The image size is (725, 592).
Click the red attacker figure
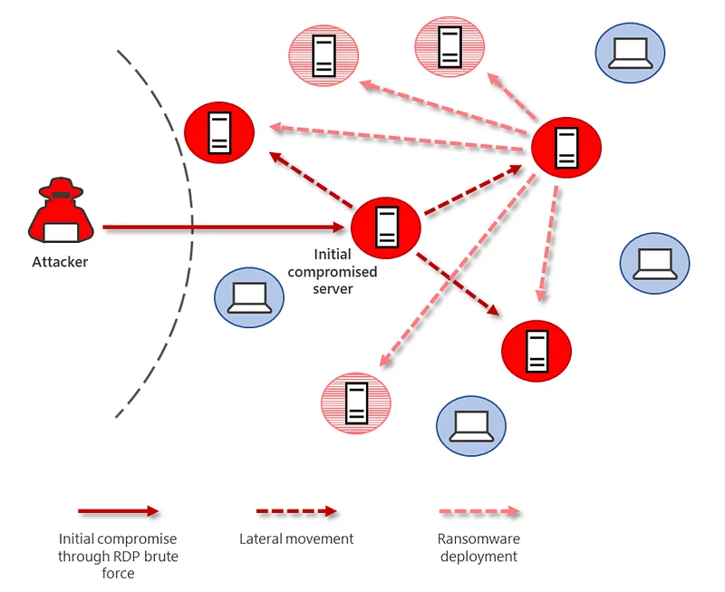pos(61,210)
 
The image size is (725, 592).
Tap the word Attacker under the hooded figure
pos(60,262)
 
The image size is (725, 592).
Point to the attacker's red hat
pos(61,188)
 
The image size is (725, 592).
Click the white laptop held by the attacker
pos(61,232)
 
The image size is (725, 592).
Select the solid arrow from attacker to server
pos(223,227)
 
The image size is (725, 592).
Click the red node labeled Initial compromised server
pos(386,228)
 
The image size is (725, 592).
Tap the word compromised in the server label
pos(333,272)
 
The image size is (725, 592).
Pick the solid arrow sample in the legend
pos(119,511)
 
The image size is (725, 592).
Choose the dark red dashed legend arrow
pos(297,511)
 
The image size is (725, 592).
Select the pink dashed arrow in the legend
pos(480,511)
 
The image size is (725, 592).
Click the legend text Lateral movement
pos(296,539)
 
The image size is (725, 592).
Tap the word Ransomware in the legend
pos(479,539)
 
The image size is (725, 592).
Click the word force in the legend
pos(119,574)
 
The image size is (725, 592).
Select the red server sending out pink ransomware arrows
pos(565,148)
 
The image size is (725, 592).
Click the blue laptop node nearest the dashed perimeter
pos(249,297)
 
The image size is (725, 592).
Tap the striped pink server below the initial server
pos(356,403)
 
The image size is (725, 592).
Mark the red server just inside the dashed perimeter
pos(219,132)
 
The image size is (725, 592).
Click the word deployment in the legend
pos(479,557)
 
